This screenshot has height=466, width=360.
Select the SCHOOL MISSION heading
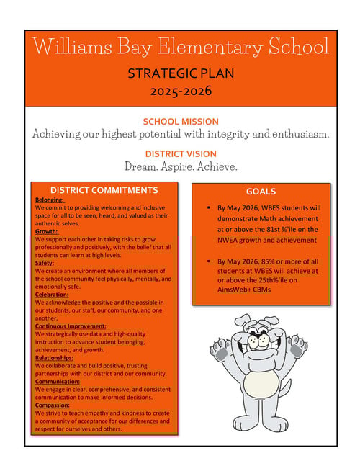click(x=181, y=121)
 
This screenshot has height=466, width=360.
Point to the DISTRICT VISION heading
click(x=181, y=153)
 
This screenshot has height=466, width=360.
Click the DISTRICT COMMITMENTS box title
click(x=104, y=190)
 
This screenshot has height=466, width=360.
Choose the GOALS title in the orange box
click(x=261, y=192)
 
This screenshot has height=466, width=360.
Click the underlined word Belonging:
click(x=50, y=200)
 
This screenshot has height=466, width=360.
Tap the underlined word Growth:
click(x=47, y=231)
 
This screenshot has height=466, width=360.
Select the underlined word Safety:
click(x=45, y=263)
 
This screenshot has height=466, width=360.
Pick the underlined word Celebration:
click(x=52, y=295)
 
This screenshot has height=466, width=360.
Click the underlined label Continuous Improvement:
click(x=69, y=326)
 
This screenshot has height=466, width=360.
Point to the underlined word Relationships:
click(x=54, y=358)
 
